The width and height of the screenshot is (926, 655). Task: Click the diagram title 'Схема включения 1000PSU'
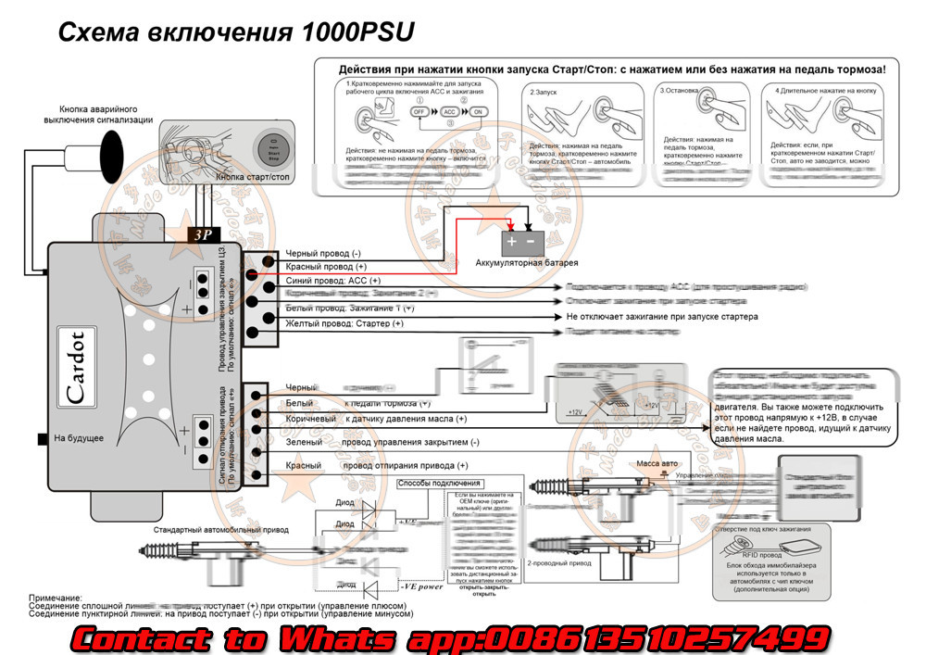click(x=237, y=31)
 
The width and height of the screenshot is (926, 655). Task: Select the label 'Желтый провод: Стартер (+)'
click(x=344, y=323)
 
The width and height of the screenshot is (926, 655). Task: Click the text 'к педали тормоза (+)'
click(x=387, y=403)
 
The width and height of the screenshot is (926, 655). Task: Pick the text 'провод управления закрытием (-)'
click(x=410, y=443)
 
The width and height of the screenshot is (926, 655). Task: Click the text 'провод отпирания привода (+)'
click(x=405, y=466)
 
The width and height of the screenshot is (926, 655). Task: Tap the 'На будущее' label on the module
click(x=79, y=438)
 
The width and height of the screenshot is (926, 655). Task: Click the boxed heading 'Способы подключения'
click(x=439, y=484)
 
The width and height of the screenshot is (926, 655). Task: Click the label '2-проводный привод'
click(x=558, y=562)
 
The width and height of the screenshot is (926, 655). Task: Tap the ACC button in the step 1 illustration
click(x=448, y=111)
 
